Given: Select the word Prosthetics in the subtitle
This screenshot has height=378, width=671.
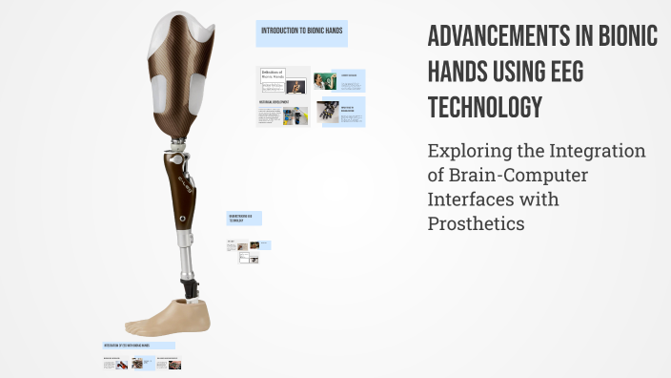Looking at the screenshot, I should pyautogui.click(x=476, y=223).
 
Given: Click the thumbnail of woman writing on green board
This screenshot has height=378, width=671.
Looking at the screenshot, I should pyautogui.click(x=324, y=82).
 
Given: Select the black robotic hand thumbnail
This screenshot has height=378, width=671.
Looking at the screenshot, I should pyautogui.click(x=328, y=114).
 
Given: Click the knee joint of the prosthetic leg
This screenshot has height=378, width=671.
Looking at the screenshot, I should pyautogui.click(x=180, y=153).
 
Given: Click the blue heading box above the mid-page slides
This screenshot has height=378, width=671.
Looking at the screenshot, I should pyautogui.click(x=244, y=219).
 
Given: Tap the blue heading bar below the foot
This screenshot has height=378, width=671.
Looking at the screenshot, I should pyautogui.click(x=138, y=346).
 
